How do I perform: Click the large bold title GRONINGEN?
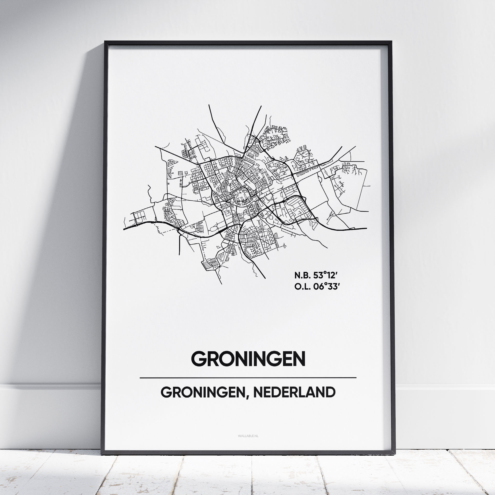[248, 359]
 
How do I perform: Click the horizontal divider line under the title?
[248, 378]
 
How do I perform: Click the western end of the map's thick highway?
[124, 229]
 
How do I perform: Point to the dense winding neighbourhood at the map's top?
[276, 137]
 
